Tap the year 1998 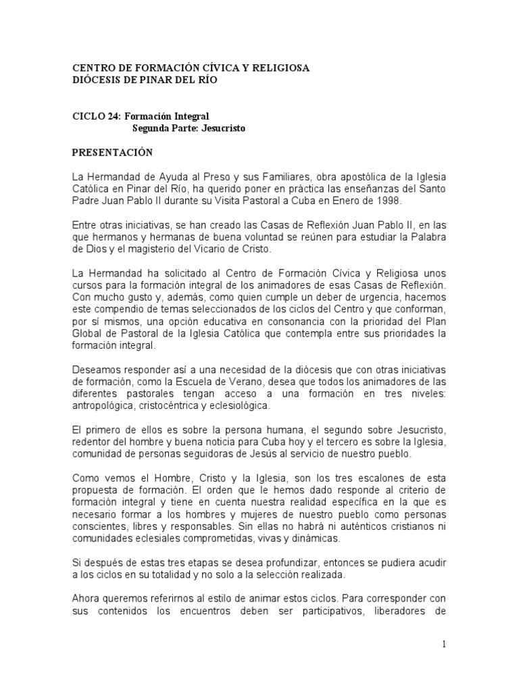point(389,201)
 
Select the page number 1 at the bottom point(444,644)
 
